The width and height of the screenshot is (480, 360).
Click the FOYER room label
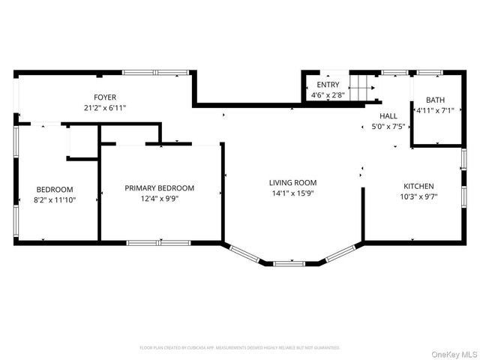(105, 97)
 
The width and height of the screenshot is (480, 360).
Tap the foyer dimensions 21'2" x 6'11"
(105, 108)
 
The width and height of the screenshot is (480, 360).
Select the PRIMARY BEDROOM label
(159, 188)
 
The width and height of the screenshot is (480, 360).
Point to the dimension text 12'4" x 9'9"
(159, 199)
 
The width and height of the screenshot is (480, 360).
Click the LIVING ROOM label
(293, 182)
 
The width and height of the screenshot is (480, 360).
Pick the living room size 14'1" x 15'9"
(293, 193)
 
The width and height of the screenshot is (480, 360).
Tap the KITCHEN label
(418, 186)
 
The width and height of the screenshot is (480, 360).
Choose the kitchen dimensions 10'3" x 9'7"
(418, 196)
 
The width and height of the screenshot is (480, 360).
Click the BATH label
(435, 100)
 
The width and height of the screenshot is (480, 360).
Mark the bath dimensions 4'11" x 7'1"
(435, 111)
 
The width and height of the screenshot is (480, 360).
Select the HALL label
(388, 116)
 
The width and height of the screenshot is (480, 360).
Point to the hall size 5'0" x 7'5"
(388, 127)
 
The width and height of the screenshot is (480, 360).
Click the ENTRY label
(328, 85)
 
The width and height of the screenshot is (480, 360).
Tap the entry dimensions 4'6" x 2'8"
(328, 95)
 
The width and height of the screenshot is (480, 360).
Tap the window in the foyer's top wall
(155, 73)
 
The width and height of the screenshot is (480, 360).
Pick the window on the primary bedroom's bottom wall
(159, 242)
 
